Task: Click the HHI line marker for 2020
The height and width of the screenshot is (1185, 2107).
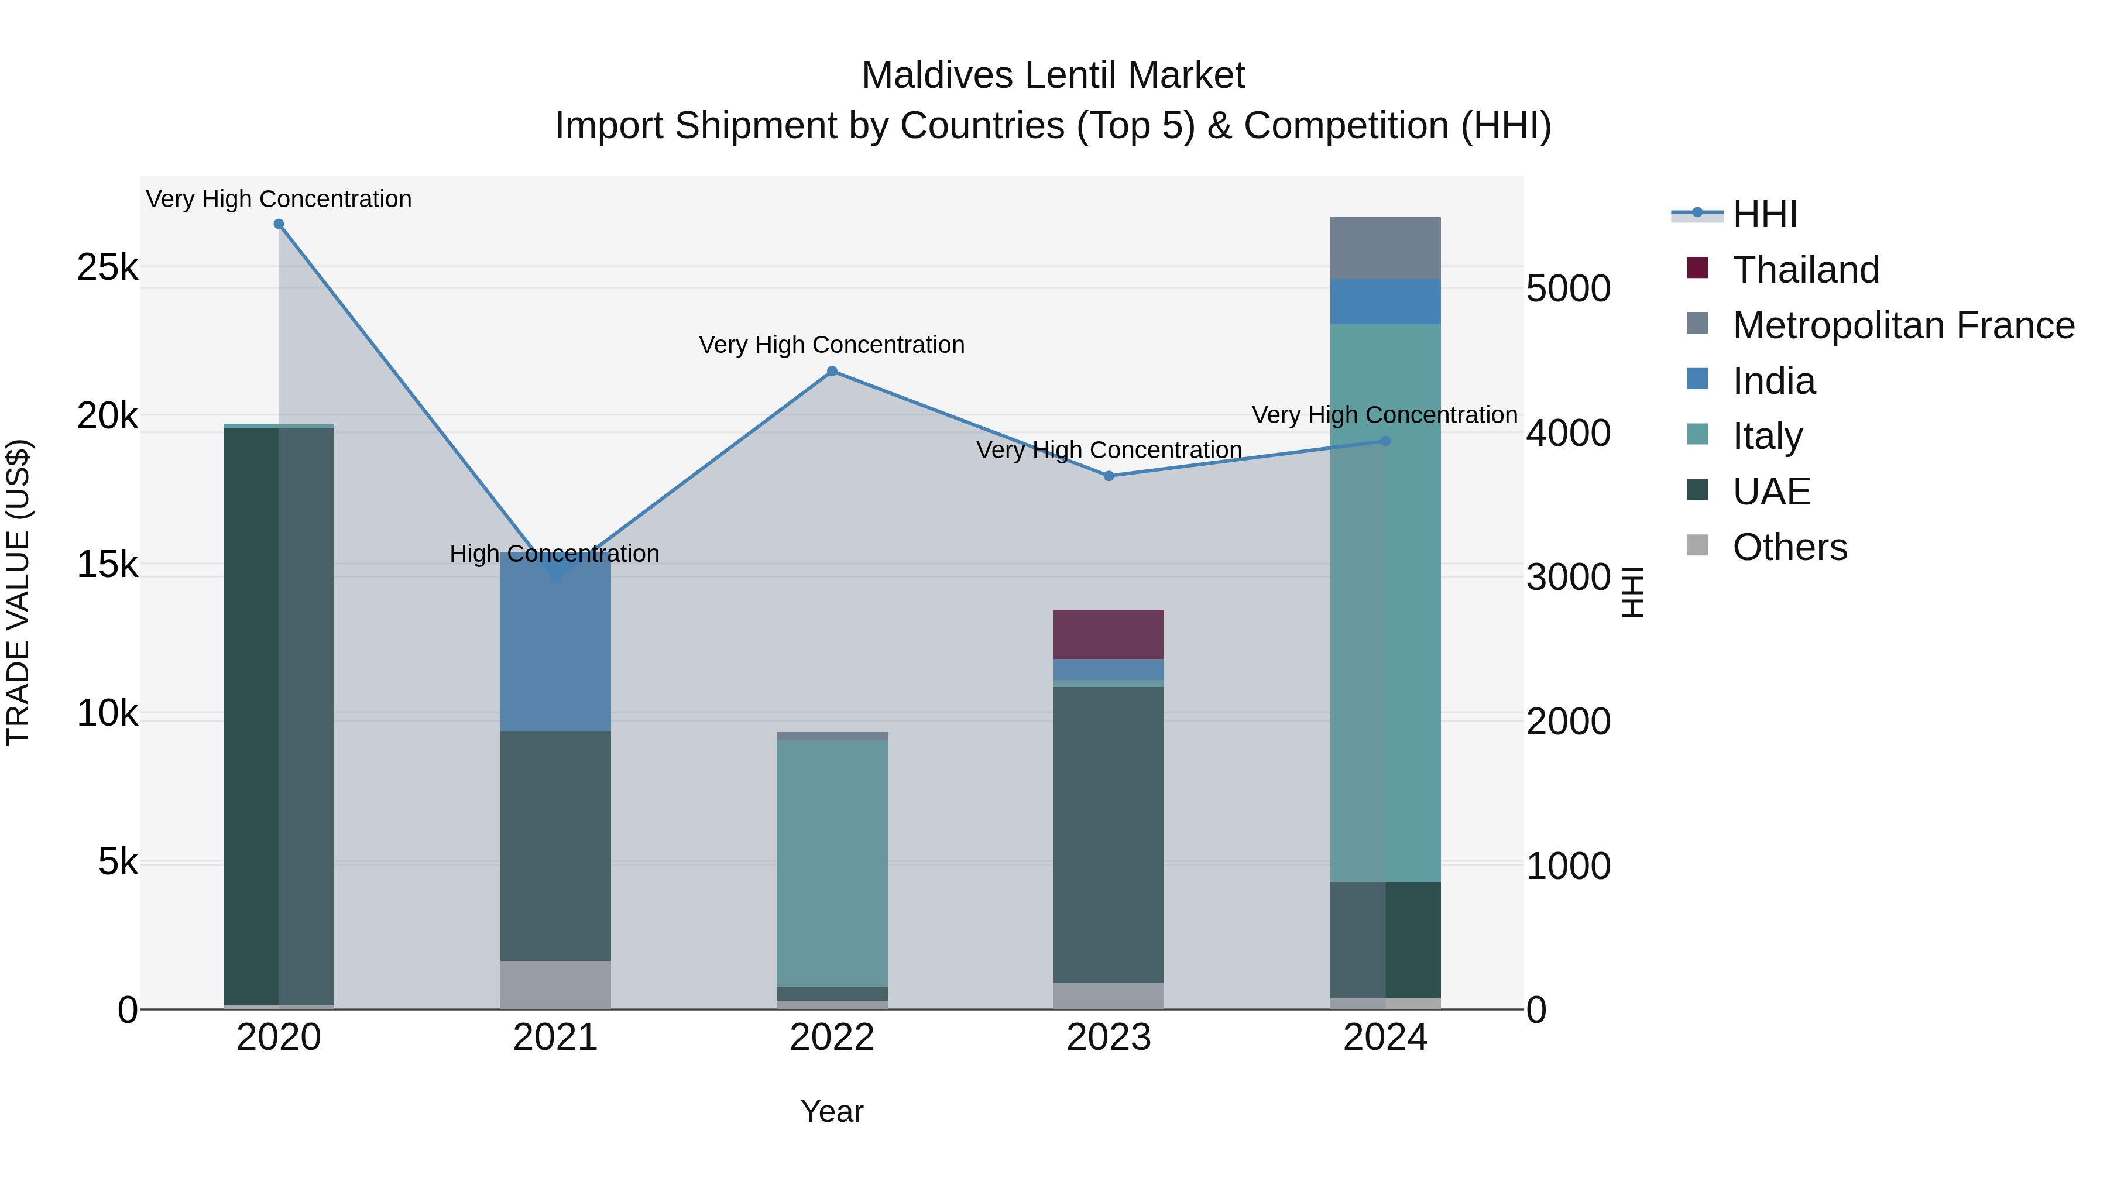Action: (279, 224)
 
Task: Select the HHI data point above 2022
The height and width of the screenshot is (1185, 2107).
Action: (832, 371)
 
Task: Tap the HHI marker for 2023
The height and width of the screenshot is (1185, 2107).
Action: (1109, 476)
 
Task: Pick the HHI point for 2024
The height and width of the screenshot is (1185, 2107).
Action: (1385, 441)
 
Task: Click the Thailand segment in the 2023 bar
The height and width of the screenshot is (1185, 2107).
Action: (1109, 634)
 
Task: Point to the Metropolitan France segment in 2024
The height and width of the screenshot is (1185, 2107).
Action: (1385, 248)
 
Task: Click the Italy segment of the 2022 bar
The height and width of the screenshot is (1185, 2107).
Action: (832, 863)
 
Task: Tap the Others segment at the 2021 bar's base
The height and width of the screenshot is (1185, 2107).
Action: (555, 985)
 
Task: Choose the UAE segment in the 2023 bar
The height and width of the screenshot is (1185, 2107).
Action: (1109, 834)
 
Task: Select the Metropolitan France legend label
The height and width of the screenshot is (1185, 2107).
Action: (1903, 325)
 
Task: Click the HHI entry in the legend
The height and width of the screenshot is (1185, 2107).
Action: (1764, 214)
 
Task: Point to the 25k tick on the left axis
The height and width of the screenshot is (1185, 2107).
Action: (107, 267)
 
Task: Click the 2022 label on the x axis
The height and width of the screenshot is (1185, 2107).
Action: (832, 1038)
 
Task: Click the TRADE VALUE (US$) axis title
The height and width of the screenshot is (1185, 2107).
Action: (18, 592)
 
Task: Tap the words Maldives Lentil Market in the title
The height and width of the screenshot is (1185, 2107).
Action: (1053, 75)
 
